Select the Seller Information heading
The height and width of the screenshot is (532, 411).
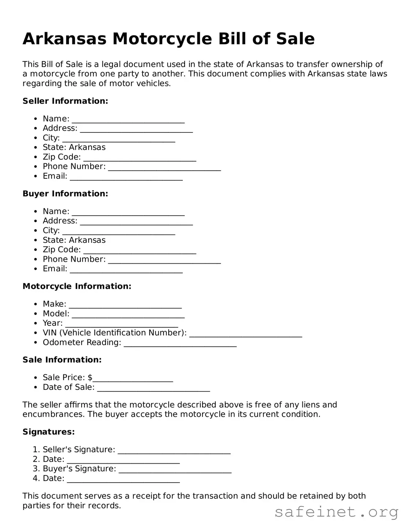pos(65,101)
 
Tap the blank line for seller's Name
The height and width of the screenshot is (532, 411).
pos(128,120)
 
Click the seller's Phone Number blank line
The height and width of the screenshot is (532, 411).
pos(165,167)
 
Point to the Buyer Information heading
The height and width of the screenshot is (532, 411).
pos(65,193)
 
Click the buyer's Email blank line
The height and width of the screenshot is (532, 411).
pos(126,269)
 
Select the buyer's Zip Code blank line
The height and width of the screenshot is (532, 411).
pos(140,250)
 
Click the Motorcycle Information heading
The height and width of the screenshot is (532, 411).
pos(77,286)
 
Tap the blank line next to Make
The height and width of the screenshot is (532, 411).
pos(125,305)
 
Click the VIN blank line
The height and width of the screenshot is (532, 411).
pos(245,333)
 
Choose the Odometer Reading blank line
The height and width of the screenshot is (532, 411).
pos(180,343)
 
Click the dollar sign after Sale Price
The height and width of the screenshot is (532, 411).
pos(90,377)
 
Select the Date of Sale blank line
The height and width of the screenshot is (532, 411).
pos(154,388)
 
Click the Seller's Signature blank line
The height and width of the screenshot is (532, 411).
pos(174,450)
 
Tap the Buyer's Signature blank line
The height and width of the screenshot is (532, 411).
pos(175,469)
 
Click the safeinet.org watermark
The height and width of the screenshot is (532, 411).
pos(336,512)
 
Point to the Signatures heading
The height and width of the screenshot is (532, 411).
pos(49,432)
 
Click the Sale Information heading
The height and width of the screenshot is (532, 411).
pos(62,360)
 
